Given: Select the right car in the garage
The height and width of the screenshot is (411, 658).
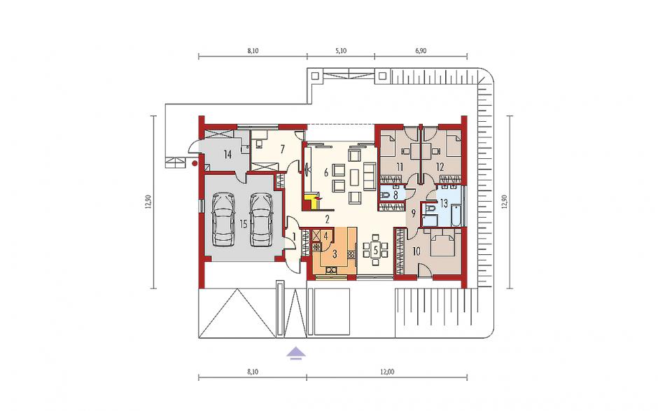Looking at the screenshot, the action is click(261, 220).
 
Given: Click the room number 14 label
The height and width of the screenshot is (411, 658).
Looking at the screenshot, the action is click(227, 155).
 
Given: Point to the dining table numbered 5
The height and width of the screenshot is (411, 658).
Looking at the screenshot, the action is click(376, 251).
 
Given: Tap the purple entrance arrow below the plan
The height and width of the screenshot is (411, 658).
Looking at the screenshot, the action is click(296, 354).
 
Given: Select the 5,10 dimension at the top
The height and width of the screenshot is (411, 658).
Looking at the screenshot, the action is click(341, 51).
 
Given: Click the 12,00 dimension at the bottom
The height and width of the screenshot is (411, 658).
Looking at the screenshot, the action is click(387, 372).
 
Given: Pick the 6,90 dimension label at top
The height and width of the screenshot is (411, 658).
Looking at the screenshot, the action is click(421, 51).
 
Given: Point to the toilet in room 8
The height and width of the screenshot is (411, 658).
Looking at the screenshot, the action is click(386, 195).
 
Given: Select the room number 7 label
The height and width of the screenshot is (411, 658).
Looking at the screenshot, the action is click(282, 148).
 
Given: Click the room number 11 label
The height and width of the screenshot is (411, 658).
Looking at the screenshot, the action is click(399, 167).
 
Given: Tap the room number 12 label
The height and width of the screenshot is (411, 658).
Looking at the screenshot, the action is click(440, 167).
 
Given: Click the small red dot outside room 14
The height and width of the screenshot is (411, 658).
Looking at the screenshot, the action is click(195, 163).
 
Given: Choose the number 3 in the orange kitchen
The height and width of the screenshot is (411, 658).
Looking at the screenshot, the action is click(335, 253).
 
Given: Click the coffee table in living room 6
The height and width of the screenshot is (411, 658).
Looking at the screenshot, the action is click(356, 176).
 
